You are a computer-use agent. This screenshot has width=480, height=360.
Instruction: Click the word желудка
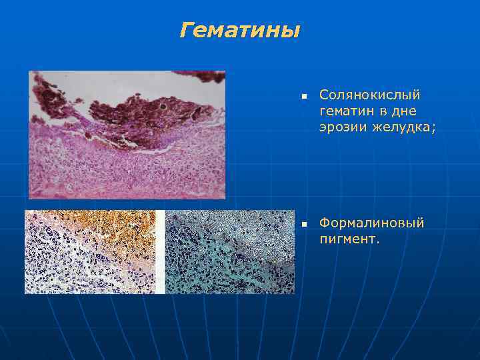(401, 127)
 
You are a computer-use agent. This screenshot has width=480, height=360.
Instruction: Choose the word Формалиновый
(371, 223)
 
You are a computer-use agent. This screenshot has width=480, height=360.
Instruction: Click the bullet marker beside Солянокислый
(303, 97)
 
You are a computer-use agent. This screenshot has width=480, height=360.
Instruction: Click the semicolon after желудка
(433, 129)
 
